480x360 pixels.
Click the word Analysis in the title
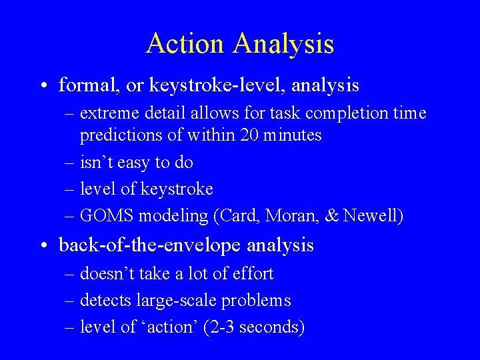click(283, 44)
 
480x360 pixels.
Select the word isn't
click(95, 162)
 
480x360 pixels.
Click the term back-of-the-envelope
click(151, 245)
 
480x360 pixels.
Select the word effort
click(251, 273)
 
